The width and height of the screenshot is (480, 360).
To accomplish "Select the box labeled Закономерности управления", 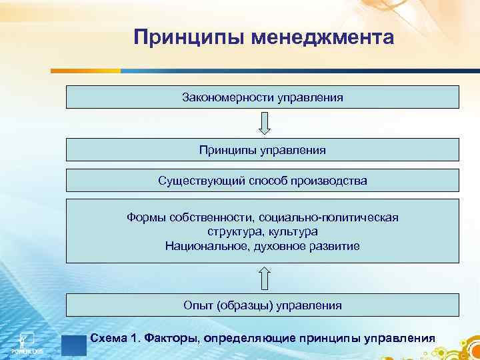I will click(262, 97).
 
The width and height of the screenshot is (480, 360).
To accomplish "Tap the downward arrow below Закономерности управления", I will click(264, 123).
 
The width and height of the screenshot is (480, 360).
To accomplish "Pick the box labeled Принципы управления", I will click(262, 150).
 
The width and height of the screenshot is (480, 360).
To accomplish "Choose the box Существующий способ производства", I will click(262, 181).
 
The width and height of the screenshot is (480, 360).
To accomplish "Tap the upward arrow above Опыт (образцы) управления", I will click(264, 278).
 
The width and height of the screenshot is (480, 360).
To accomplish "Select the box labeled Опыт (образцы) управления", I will click(262, 305).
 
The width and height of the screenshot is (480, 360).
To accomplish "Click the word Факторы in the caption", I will click(165, 338).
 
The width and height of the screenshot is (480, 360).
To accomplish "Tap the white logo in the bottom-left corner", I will click(25, 339).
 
